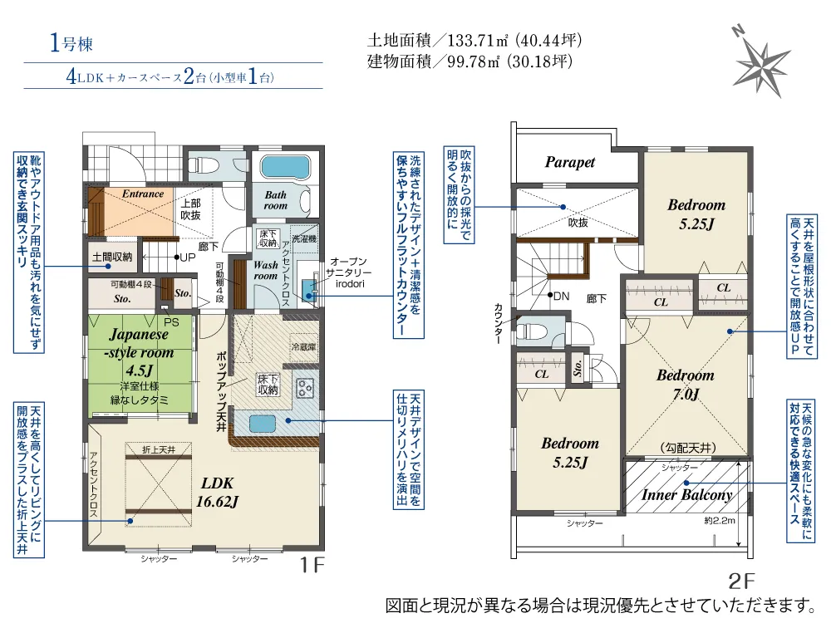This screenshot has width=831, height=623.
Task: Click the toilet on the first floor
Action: pos(205,164)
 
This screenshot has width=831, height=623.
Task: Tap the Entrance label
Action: pos(143,194)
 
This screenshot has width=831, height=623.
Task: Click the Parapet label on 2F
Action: pos(570,162)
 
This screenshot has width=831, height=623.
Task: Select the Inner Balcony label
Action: pos(686,495)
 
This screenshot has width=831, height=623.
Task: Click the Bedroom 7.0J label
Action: pos(685,385)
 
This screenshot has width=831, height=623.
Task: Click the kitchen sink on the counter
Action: pos(262,423)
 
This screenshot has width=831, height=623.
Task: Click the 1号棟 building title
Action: pos(66,45)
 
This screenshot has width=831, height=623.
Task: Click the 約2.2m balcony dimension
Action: pos(720,521)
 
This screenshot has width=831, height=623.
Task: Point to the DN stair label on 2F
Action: pos(561,296)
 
